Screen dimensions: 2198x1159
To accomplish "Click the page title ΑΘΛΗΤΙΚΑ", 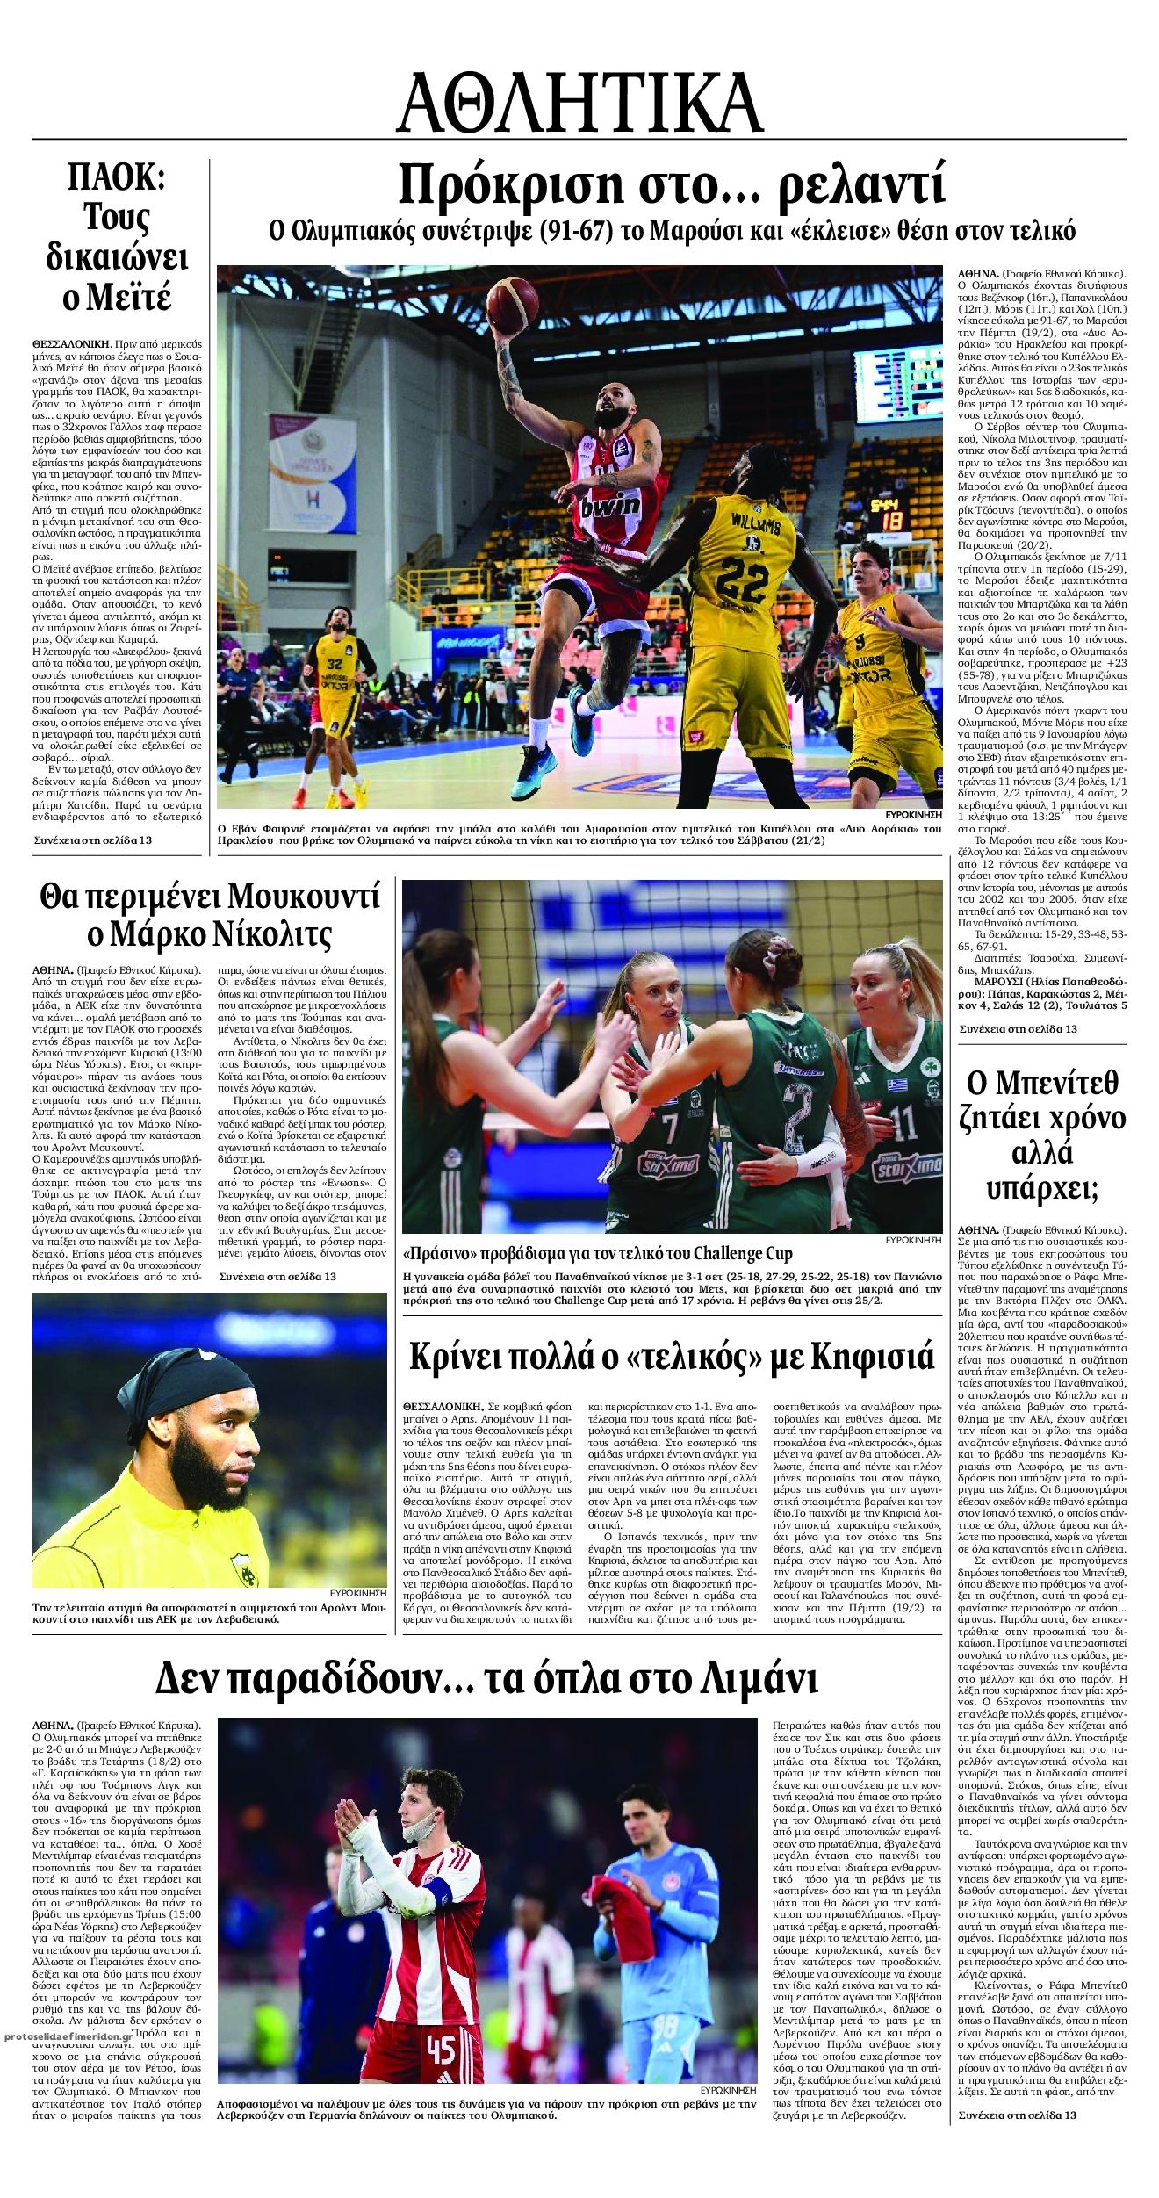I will point(579,103).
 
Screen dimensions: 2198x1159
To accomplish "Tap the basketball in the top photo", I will point(513,304).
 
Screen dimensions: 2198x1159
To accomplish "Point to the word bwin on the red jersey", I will point(609,505).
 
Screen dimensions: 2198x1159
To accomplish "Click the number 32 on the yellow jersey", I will point(335,665).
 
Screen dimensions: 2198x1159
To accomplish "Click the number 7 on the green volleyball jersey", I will point(670,1124).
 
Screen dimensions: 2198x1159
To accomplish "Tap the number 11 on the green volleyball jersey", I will point(903,1121).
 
